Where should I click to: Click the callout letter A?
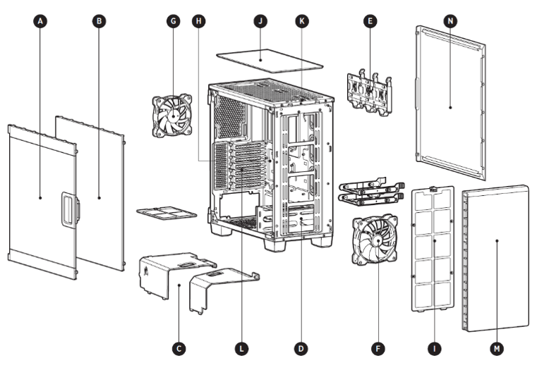tap(41, 21)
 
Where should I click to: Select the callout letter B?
tap(99, 21)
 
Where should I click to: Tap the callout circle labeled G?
tap(172, 21)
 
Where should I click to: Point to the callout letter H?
tap(200, 21)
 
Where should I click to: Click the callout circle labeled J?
tap(260, 21)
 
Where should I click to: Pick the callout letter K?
tap(302, 21)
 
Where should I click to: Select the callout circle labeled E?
tap(368, 21)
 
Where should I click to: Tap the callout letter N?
tap(449, 21)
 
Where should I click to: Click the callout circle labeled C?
tap(179, 347)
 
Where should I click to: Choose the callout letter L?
tap(241, 347)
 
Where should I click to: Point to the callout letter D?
tap(301, 347)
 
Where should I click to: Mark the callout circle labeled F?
tap(380, 347)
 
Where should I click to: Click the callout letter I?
tap(435, 347)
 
